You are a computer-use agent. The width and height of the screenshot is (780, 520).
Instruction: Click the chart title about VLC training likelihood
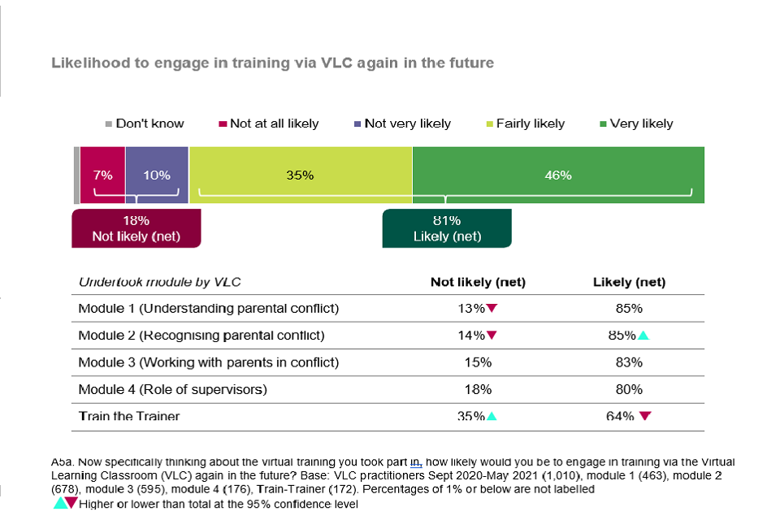point(272,63)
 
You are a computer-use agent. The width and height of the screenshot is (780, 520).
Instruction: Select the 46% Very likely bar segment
point(558,175)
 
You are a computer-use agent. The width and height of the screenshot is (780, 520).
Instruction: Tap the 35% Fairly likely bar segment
point(301,175)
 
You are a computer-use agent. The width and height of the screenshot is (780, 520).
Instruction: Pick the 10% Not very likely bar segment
point(157,175)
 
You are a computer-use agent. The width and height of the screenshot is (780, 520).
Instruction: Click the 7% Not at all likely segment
point(102,175)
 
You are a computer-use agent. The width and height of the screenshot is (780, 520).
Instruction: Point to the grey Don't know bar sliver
point(76,175)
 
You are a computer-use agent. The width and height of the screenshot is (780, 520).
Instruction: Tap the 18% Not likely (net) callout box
point(136,228)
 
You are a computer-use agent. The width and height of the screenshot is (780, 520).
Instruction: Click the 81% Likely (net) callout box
point(447,228)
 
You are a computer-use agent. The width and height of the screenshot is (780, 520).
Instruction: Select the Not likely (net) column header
point(478,282)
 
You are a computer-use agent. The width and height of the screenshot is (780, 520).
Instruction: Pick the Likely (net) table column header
point(630,282)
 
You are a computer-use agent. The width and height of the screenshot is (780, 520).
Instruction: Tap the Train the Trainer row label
point(128,416)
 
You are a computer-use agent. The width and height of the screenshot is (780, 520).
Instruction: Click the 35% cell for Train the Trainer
point(472,416)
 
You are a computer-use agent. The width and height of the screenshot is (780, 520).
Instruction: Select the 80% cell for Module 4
point(630,389)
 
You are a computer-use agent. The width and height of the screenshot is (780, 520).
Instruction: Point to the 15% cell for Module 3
point(478,362)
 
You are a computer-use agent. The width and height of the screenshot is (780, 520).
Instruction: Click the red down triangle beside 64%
point(645,416)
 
